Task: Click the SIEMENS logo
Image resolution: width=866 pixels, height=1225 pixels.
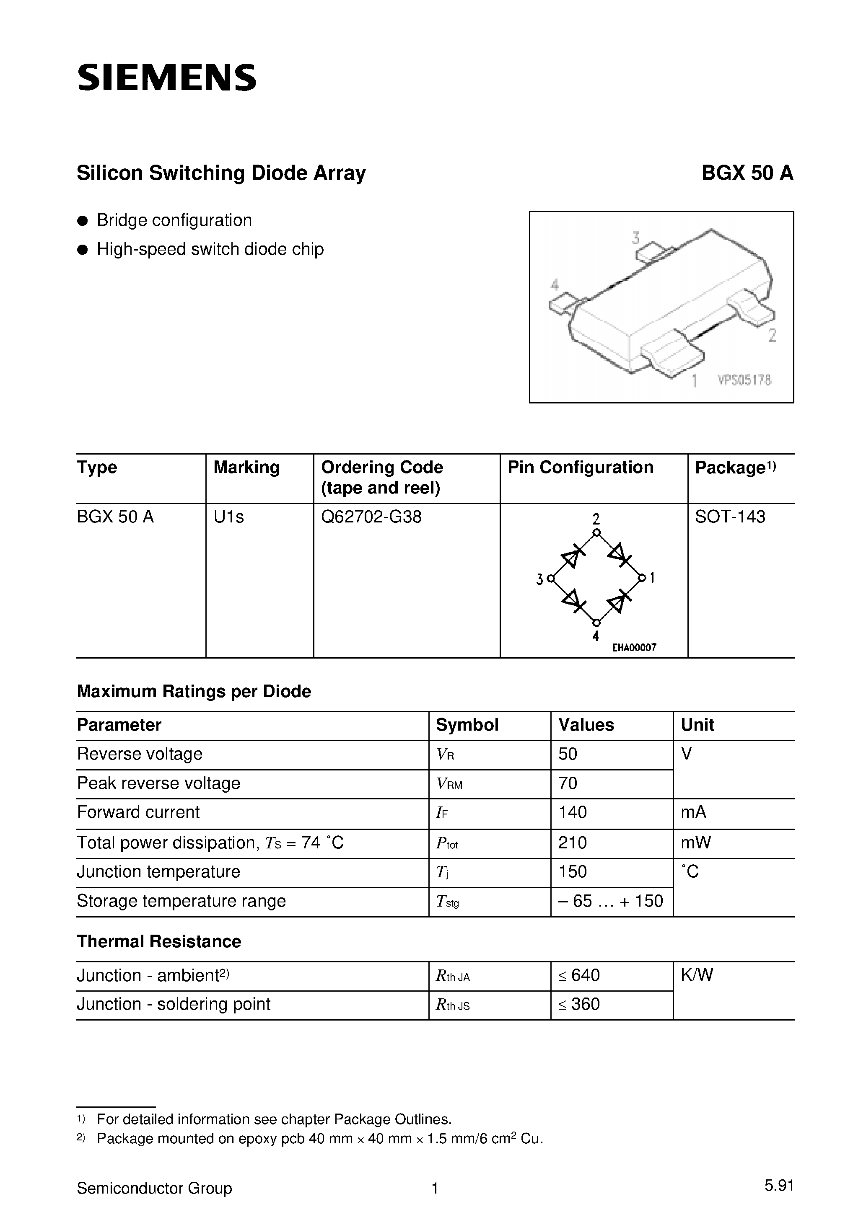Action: pyautogui.click(x=166, y=78)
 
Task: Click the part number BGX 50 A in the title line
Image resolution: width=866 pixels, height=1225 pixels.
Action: pyautogui.click(x=747, y=173)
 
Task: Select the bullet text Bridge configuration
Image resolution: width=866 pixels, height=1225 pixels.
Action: pyautogui.click(x=174, y=220)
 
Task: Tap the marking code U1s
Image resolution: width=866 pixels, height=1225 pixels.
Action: pyautogui.click(x=228, y=517)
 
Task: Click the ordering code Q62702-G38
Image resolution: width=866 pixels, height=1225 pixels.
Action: pyautogui.click(x=371, y=517)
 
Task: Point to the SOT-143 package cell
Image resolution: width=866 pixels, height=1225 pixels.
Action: pyautogui.click(x=729, y=517)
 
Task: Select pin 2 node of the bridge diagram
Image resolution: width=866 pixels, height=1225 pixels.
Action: pyautogui.click(x=596, y=532)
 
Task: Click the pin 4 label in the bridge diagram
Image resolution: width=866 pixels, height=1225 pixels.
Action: pyautogui.click(x=595, y=636)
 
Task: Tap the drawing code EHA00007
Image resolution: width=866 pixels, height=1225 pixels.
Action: pyautogui.click(x=634, y=648)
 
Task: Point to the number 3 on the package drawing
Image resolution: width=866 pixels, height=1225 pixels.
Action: pyautogui.click(x=635, y=238)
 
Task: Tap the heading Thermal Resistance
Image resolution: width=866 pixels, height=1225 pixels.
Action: pyautogui.click(x=158, y=942)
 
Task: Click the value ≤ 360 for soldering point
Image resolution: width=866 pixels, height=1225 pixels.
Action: pyautogui.click(x=579, y=1004)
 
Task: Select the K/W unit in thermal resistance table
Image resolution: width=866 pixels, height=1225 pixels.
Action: pyautogui.click(x=696, y=975)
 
